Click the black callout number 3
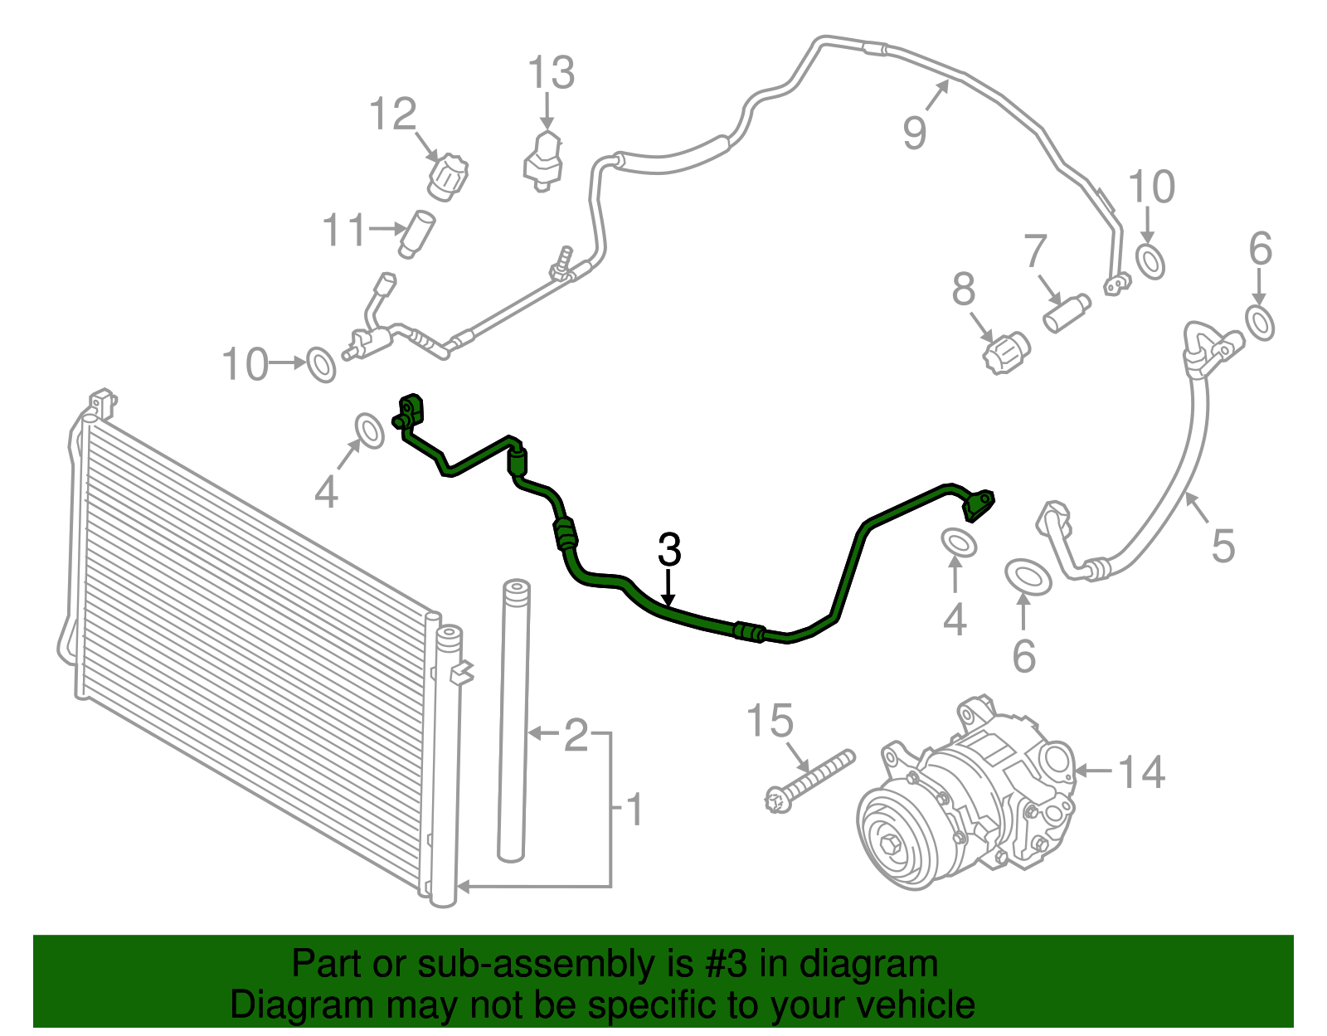[x=669, y=549]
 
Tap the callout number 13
[x=550, y=73]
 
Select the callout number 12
[x=392, y=114]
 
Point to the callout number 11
[x=344, y=230]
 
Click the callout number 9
[x=914, y=133]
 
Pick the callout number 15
[x=770, y=720]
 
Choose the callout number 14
[x=1141, y=772]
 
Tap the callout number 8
[x=964, y=289]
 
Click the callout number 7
[x=1035, y=250]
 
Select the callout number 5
[x=1223, y=545]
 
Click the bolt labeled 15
[x=809, y=782]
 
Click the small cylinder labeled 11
[x=416, y=235]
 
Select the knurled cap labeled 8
[x=1006, y=353]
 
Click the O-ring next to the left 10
[x=321, y=364]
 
